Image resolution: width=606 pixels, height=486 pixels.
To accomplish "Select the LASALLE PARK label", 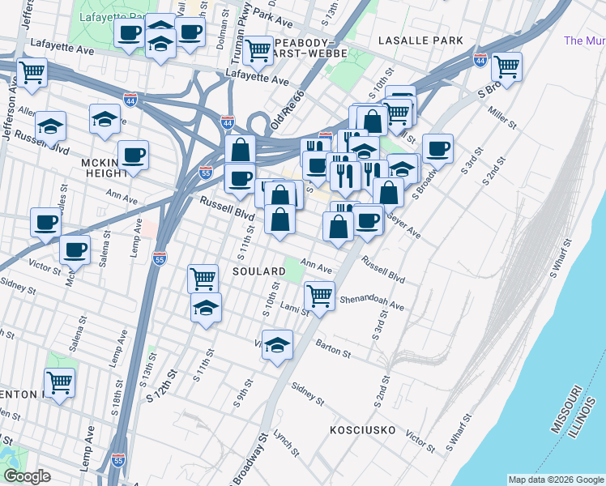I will coord(421,40).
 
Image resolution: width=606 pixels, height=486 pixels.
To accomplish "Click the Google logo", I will coord(27,476).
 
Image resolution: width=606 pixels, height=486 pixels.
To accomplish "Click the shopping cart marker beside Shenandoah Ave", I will coord(320,295).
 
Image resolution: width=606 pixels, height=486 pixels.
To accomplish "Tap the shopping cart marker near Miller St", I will coord(506,68).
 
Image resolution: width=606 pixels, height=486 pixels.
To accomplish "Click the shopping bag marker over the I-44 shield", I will coord(240,149).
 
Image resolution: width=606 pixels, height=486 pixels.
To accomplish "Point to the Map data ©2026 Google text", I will coord(556,480).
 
